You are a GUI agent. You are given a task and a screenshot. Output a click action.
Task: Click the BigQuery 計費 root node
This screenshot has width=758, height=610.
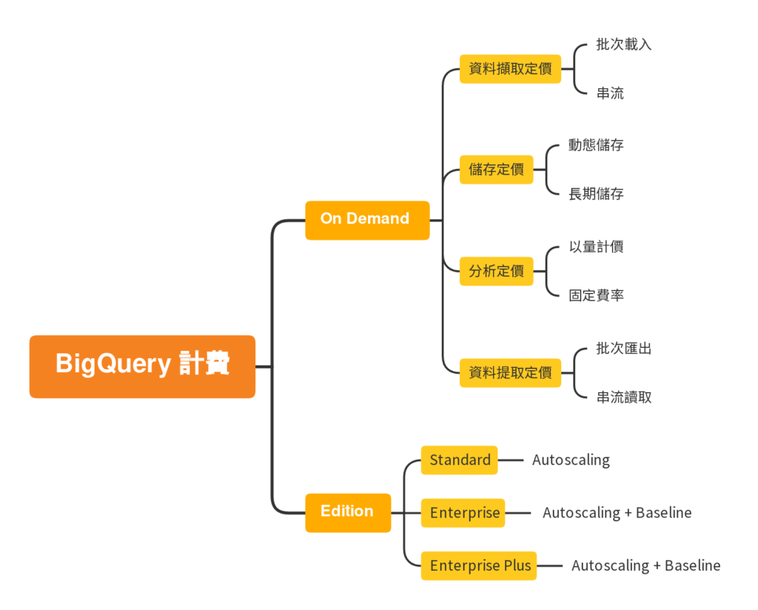[142, 366]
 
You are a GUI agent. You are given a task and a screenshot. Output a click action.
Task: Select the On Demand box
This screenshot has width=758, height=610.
[367, 220]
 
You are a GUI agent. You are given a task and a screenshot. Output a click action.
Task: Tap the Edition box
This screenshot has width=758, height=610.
[347, 512]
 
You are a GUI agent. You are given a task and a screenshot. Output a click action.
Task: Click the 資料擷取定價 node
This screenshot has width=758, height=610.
[510, 69]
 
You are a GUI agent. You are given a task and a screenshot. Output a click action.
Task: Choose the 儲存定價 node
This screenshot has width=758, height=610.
[496, 170]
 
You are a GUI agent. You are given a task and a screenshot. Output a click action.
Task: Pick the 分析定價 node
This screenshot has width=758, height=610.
[496, 271]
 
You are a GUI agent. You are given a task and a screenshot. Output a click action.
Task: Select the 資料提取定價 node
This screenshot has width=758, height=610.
[510, 372]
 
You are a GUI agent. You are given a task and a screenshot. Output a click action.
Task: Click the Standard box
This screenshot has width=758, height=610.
[459, 460]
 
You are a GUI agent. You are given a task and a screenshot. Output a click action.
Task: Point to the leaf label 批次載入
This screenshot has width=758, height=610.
[623, 44]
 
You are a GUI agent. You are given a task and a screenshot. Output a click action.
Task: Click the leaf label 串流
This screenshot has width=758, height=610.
[610, 93]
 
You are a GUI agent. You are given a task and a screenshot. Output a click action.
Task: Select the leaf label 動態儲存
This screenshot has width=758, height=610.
[596, 145]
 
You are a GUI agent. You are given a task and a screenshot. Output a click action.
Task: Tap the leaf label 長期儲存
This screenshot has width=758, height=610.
[596, 194]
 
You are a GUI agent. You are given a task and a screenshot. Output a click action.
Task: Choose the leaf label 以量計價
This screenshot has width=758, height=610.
[596, 247]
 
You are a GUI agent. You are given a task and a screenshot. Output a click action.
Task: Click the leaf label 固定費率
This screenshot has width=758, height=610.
[596, 295]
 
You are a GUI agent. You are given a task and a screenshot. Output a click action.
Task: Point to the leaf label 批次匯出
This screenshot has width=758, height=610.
[623, 348]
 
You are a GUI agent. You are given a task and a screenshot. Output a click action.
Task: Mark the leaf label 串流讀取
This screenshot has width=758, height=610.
[623, 397]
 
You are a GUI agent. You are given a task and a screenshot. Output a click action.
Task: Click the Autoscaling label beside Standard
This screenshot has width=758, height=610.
[571, 460]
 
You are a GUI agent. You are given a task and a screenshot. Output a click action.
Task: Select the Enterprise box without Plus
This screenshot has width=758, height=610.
[463, 513]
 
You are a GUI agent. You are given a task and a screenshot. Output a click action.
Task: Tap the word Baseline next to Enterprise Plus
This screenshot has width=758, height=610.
[692, 566]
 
